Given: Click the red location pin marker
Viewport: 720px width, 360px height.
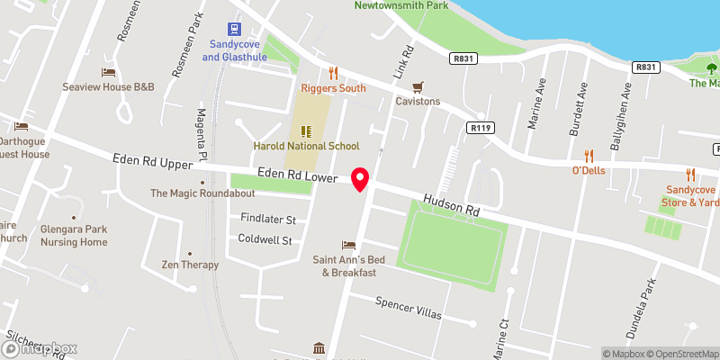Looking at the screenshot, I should pos(361,179).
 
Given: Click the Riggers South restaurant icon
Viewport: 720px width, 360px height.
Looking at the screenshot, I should pos(332,73).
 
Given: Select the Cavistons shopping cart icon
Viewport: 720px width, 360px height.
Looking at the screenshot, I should pos(417,86).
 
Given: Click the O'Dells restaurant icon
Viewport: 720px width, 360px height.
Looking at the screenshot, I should pos(589,155).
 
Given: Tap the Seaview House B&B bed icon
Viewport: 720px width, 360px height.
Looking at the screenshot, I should pos(109,72).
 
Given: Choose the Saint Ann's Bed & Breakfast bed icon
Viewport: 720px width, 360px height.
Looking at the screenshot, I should pos(348,246).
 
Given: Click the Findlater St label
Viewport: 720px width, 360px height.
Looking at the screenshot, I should pos(268,219).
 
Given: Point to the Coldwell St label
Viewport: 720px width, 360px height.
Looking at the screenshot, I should pos(266,240).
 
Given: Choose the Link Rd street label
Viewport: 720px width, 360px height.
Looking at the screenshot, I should pos(401,59).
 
